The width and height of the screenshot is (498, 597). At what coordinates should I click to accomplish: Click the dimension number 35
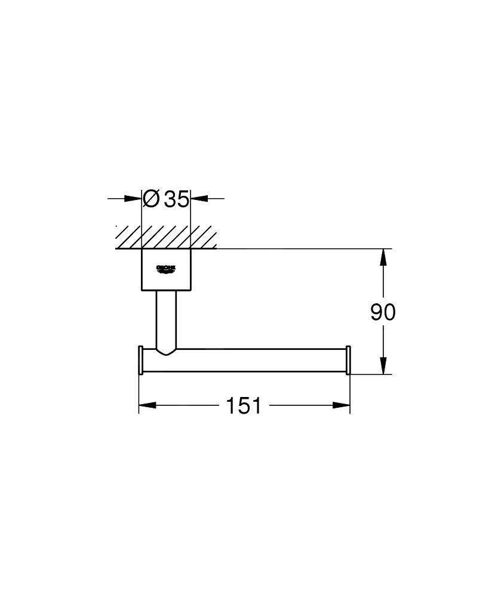[x=177, y=198]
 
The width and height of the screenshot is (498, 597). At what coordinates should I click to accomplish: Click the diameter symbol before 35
[x=152, y=198]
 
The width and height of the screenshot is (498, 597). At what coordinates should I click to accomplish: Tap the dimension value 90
[x=383, y=312]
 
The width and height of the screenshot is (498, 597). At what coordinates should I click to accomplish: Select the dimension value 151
[x=244, y=406]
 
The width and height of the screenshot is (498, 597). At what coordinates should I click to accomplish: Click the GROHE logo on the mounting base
[x=166, y=269]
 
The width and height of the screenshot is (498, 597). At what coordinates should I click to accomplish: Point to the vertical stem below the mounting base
[x=166, y=319]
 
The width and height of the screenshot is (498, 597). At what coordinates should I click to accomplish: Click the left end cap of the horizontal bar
[x=140, y=360]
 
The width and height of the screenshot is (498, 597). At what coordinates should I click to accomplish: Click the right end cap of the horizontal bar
[x=348, y=360]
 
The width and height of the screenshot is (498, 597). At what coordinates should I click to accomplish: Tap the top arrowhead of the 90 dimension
[x=383, y=257]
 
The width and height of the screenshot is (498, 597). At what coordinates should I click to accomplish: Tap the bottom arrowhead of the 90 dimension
[x=383, y=365]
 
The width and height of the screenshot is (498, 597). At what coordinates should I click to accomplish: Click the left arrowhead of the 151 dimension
[x=147, y=406]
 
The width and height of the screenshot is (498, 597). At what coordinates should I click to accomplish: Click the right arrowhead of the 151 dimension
[x=342, y=406]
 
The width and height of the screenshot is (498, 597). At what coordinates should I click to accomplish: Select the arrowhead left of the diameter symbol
[x=134, y=198]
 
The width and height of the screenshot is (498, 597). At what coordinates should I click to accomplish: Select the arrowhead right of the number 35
[x=198, y=198]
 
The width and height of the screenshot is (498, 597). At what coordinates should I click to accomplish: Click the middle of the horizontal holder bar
[x=251, y=360]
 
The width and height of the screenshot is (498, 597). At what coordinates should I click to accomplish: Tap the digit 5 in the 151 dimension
[x=244, y=406]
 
